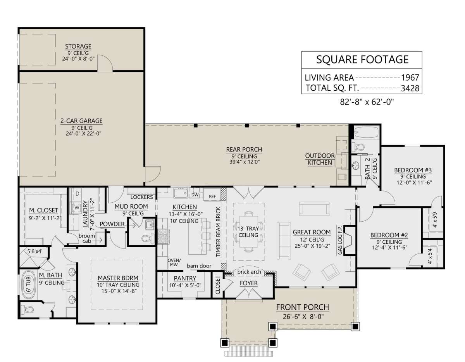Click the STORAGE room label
coord(78,47)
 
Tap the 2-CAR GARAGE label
coord(81,121)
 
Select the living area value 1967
coord(410,78)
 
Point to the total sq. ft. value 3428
coord(410,88)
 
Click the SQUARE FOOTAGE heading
coord(362,59)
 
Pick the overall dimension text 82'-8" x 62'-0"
coord(367,102)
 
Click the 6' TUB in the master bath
coord(29,285)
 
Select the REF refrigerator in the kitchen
coord(212,195)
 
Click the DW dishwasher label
coord(195,195)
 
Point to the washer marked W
coord(77,207)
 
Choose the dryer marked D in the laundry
coord(77,194)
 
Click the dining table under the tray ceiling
coord(248,231)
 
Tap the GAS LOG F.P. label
coord(340,240)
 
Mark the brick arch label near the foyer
coord(249,272)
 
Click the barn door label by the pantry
coord(199,266)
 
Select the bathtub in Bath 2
coord(366,132)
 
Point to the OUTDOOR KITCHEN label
coord(320,159)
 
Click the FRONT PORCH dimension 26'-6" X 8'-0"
coord(303,316)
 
